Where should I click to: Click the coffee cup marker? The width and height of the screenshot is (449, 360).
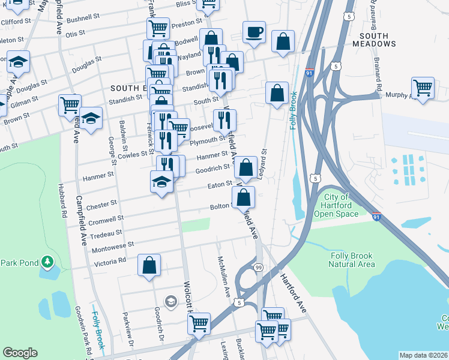coord(254,31)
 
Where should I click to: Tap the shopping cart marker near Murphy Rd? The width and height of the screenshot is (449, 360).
coord(423,88)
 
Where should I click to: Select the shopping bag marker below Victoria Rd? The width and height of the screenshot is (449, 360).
coord(149,265)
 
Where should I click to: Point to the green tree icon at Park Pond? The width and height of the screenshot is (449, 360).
coord(47,262)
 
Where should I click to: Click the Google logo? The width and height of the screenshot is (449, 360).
coord(20,353)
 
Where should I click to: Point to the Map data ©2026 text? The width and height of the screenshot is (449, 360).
coord(423,355)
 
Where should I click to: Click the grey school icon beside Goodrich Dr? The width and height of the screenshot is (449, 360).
coord(170,301)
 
